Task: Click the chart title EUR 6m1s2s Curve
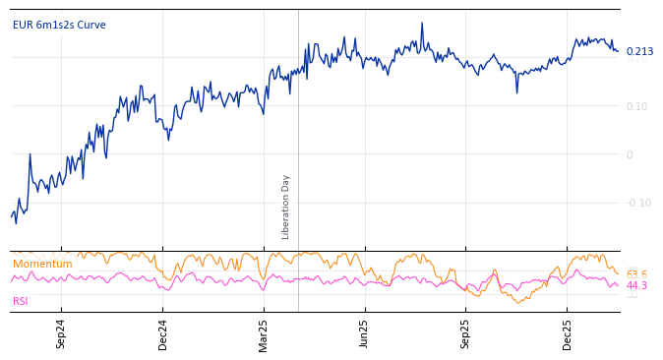(59, 26)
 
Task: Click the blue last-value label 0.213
(639, 52)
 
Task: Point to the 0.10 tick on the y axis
(636, 106)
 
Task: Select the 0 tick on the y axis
(630, 154)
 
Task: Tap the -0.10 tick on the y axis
(638, 203)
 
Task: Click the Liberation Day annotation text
(286, 207)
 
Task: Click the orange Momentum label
(42, 265)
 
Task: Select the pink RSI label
(21, 301)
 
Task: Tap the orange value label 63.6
(636, 274)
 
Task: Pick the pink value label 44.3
(636, 286)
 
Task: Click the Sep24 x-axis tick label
(61, 333)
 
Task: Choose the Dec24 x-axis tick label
(163, 333)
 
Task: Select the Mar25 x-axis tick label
(264, 333)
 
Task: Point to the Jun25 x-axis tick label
(364, 333)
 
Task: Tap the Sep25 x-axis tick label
(466, 333)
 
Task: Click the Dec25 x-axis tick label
(568, 333)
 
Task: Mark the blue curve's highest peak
(422, 24)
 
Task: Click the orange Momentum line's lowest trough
(518, 302)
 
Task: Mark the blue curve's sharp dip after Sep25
(516, 91)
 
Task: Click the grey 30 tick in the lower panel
(633, 295)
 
